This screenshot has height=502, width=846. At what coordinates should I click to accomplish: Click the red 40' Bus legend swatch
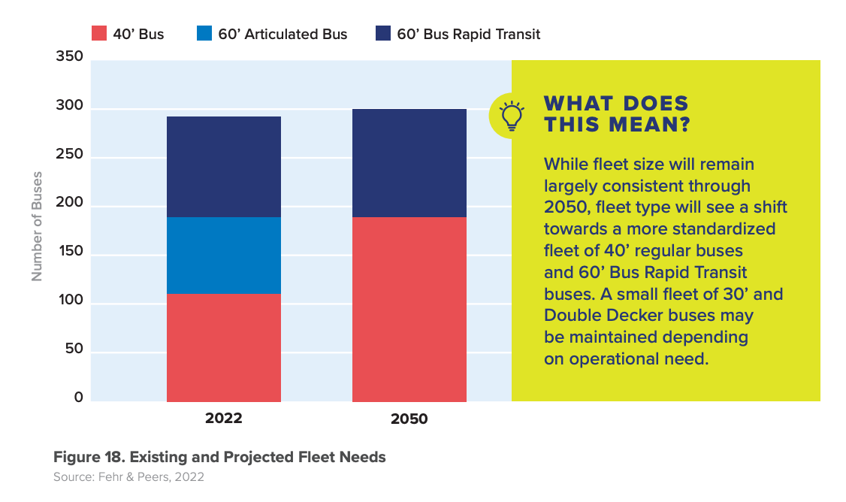click(99, 34)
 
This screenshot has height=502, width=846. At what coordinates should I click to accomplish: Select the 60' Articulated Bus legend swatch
click(204, 34)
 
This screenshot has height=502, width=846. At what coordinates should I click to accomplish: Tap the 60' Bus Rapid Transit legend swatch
click(383, 34)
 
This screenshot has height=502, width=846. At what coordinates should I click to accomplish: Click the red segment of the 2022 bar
click(224, 347)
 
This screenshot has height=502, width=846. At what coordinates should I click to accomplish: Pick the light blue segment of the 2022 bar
click(224, 256)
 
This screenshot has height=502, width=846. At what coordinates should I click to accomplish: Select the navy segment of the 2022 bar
click(224, 167)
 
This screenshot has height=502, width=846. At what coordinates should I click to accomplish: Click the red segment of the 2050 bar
click(409, 309)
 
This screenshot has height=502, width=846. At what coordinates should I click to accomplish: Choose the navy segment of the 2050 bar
click(409, 163)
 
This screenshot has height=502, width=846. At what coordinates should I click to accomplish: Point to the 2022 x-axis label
click(224, 419)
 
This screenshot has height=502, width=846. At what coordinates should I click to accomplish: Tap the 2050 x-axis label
click(409, 419)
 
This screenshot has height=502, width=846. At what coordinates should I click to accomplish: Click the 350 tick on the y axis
click(69, 57)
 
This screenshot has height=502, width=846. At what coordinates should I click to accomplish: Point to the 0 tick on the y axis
click(78, 398)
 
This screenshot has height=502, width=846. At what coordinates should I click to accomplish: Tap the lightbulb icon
click(512, 115)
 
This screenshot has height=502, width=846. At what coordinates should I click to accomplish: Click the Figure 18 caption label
click(219, 457)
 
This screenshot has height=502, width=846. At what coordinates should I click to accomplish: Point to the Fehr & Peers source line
click(128, 477)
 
